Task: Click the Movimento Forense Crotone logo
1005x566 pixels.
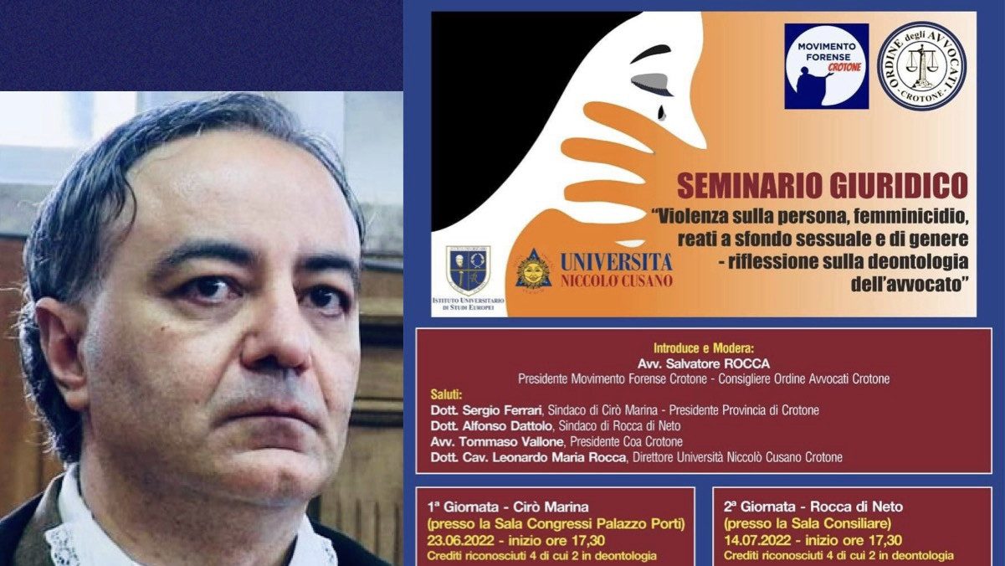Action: click(x=827, y=66)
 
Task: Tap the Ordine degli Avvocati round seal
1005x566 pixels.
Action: click(x=922, y=66)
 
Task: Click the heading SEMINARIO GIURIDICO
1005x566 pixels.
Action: click(x=823, y=185)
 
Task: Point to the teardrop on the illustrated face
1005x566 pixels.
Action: click(x=662, y=112)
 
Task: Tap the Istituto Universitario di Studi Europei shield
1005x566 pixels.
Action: click(x=468, y=270)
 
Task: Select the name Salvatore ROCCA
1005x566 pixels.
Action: click(x=718, y=363)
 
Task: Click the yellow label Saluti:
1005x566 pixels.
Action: click(x=446, y=394)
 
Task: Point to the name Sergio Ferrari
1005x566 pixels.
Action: click(x=501, y=410)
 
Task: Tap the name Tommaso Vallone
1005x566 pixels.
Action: click(x=511, y=442)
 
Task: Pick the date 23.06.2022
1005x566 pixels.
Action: click(x=461, y=540)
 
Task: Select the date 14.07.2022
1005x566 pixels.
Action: click(x=757, y=540)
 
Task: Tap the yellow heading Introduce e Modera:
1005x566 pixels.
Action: click(x=704, y=347)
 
